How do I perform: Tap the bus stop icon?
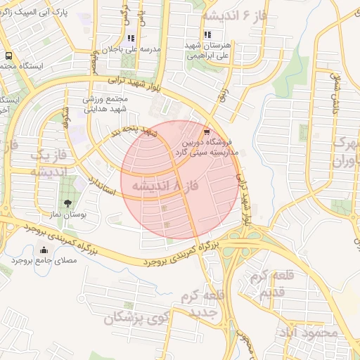point(8,56)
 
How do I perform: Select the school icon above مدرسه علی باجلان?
point(130,39)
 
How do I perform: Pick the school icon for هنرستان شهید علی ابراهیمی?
point(207,34)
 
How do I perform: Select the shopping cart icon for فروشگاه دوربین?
point(206,131)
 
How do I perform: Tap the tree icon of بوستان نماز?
point(67,204)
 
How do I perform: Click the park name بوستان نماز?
point(65,215)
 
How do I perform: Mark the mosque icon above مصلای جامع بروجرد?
point(45,250)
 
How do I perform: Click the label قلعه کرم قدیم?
point(267,282)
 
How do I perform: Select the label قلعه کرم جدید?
point(202,303)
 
